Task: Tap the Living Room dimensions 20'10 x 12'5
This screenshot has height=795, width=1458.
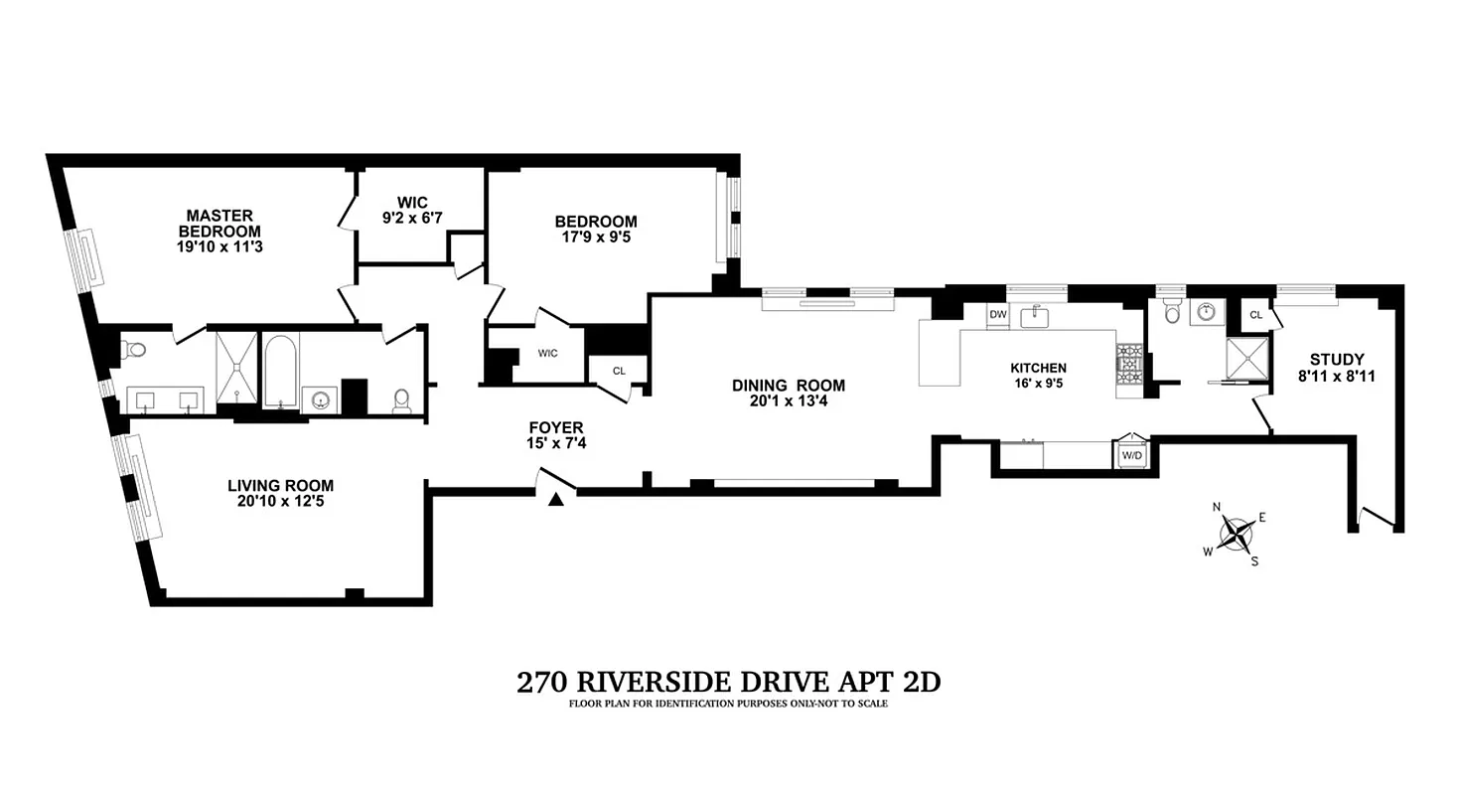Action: (280, 502)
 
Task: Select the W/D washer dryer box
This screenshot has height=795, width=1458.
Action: (1131, 455)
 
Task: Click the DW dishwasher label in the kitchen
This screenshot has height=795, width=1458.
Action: (997, 315)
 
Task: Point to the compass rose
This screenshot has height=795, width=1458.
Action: (1236, 534)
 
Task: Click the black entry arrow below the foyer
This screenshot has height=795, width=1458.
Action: (556, 500)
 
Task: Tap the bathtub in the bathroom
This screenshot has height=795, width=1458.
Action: (279, 371)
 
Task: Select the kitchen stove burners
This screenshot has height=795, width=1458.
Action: (1130, 363)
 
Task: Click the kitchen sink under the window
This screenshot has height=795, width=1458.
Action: (1036, 317)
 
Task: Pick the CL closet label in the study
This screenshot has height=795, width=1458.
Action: (1255, 314)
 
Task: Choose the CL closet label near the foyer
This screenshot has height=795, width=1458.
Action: (619, 371)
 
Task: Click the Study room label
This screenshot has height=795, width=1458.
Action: (1336, 360)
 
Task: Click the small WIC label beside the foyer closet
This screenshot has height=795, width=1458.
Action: (547, 353)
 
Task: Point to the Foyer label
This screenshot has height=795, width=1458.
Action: (556, 427)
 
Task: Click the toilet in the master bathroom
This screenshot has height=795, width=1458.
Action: (135, 349)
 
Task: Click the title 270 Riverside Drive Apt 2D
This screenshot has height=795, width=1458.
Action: (728, 683)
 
